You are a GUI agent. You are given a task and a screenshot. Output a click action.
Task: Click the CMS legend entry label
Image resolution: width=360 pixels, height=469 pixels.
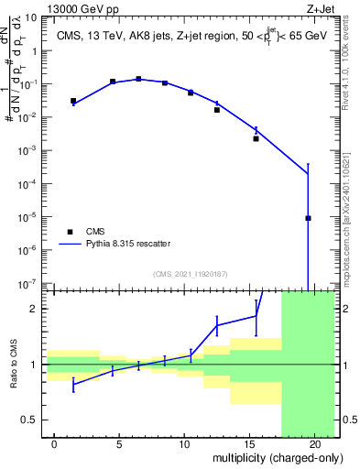click(96, 232)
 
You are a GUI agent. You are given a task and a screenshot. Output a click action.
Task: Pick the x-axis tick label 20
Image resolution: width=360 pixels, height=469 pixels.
click(314, 444)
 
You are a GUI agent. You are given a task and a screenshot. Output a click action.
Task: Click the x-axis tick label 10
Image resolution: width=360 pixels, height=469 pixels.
click(184, 444)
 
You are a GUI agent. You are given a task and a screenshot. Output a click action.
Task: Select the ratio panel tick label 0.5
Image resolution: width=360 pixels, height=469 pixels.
click(29, 420)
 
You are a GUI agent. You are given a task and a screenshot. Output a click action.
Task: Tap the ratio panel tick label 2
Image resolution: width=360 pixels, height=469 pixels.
click(33, 309)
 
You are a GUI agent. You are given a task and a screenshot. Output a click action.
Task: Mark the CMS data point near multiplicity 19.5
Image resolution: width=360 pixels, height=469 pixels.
click(308, 218)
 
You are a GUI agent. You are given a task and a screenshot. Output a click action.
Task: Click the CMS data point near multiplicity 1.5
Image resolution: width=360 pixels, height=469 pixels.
click(73, 101)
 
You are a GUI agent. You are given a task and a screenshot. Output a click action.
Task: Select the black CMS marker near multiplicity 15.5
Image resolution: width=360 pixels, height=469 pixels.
click(256, 138)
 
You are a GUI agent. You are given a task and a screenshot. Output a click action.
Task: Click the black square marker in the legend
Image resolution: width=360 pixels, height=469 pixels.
click(70, 232)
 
